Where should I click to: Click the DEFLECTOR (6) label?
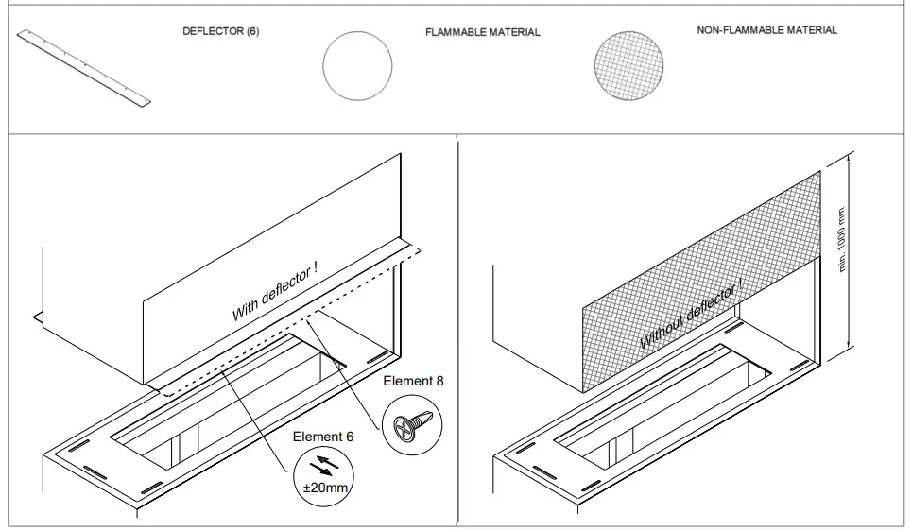tap(220, 31)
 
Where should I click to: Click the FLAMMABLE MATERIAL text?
tap(483, 32)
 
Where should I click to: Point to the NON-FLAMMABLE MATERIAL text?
tap(766, 30)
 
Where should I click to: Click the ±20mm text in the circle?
tap(321, 488)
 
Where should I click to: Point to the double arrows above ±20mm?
tap(321, 465)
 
